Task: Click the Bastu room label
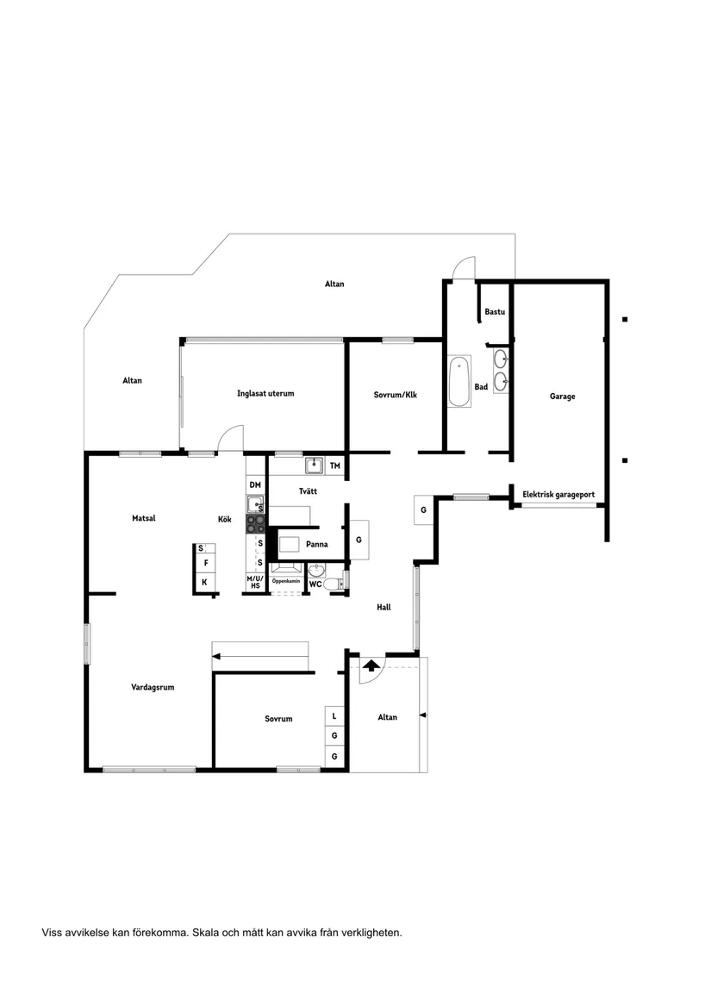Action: click(495, 311)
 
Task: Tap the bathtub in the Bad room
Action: click(458, 383)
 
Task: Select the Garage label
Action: click(562, 397)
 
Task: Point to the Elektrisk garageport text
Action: click(558, 495)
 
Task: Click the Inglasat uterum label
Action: click(265, 393)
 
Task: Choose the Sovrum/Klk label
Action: click(395, 395)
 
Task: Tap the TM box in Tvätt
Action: click(335, 466)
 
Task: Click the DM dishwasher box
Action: click(255, 485)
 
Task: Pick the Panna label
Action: click(316, 544)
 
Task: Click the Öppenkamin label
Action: click(286, 582)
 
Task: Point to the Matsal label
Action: click(142, 518)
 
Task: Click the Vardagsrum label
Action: click(153, 687)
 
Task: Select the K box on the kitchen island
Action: click(204, 583)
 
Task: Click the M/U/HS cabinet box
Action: click(255, 582)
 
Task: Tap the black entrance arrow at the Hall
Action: click(371, 665)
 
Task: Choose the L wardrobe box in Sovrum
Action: click(334, 715)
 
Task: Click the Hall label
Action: click(384, 607)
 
